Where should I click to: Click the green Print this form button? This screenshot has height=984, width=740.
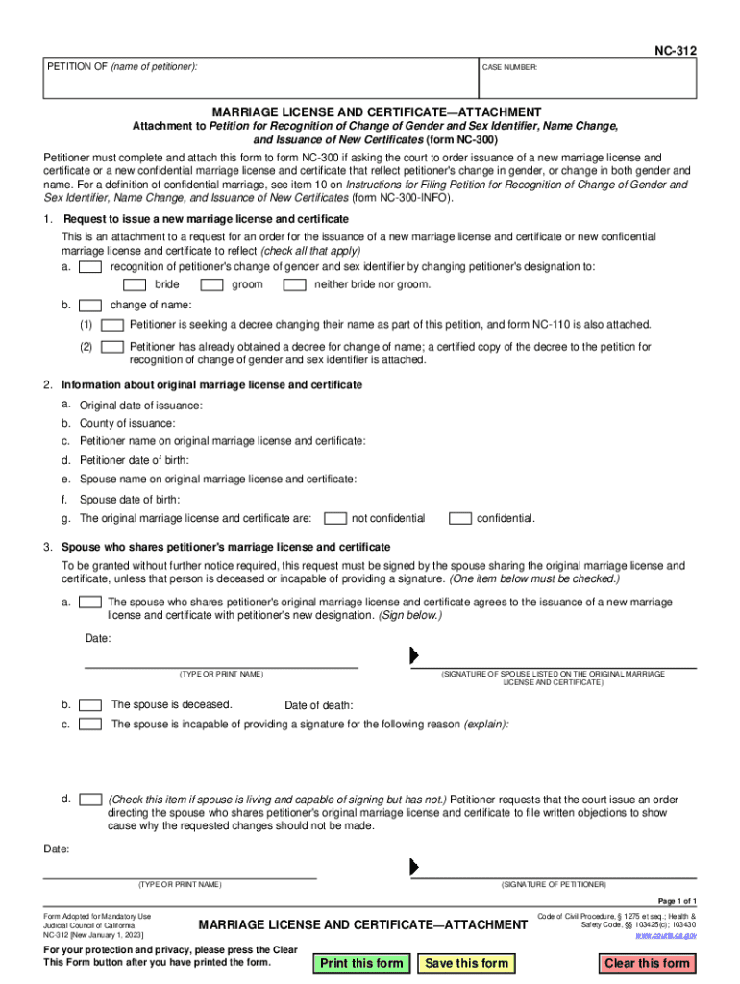pos(361,963)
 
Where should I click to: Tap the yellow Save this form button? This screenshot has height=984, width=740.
pos(466,963)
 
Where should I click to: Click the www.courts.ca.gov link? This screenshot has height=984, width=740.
pos(666,934)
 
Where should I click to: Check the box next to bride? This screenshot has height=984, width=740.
pos(135,284)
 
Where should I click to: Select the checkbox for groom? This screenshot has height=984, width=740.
pos(211,284)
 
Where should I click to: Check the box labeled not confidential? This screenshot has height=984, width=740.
pos(335,519)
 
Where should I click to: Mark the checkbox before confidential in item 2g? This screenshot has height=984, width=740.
pos(460,519)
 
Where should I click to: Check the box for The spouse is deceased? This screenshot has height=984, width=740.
pos(90,704)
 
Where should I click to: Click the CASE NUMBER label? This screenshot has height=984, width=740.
pos(509,68)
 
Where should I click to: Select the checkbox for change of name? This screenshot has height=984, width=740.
pos(90,305)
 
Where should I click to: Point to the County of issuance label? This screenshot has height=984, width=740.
pos(127,423)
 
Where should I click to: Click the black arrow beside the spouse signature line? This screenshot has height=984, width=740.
pos(414,655)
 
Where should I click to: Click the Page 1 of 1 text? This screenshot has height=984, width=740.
pos(677,900)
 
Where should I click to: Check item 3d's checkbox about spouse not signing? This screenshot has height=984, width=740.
pos(90,799)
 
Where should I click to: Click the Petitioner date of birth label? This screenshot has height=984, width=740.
pos(134,460)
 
